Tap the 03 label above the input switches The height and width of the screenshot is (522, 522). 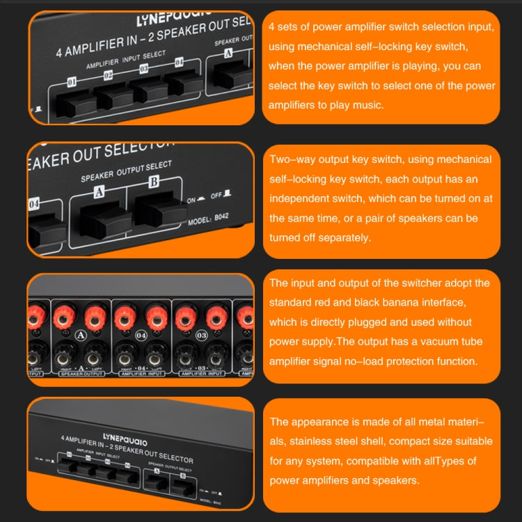pyautogui.click(x=143, y=68)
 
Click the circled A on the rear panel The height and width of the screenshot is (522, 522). pyautogui.click(x=80, y=335)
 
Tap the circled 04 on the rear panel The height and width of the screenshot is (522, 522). pyautogui.click(x=142, y=335)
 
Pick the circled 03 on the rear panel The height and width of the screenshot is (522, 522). pyautogui.click(x=203, y=335)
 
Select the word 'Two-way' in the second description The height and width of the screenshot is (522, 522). pyautogui.click(x=290, y=159)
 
